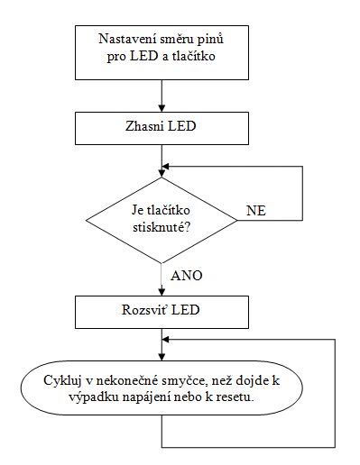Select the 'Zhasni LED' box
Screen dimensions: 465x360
[162, 128]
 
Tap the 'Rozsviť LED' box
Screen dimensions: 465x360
[162, 312]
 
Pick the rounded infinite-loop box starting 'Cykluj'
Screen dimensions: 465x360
[162, 388]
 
